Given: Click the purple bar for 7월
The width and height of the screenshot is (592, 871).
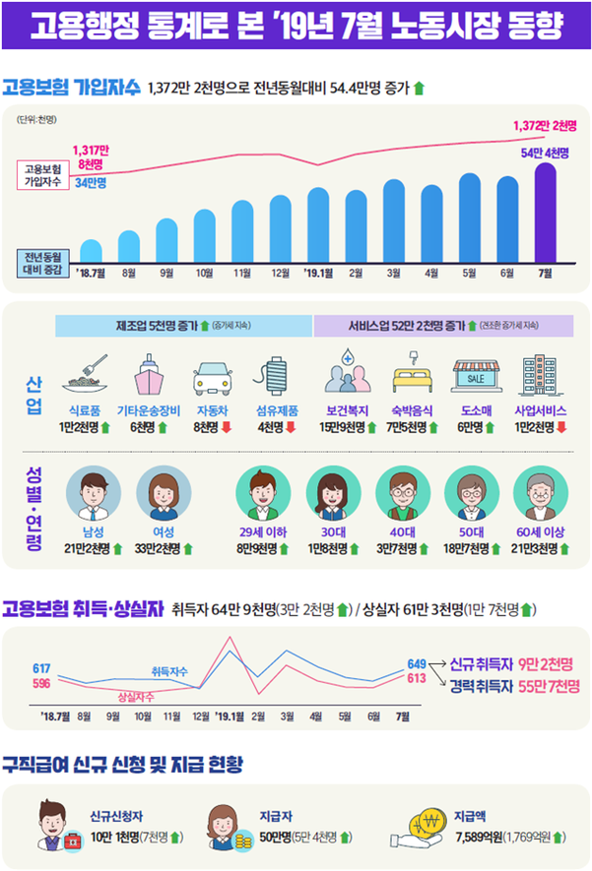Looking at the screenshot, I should tap(545, 213).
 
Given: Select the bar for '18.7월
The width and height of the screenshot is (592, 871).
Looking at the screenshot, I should tap(91, 251).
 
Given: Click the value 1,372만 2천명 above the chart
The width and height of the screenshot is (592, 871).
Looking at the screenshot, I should tap(545, 126).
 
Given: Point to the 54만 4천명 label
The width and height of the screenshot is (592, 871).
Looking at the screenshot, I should tap(546, 152).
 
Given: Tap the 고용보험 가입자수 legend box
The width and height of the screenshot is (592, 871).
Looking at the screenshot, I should tap(41, 174).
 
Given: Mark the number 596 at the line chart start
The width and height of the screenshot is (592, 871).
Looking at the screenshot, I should tap(41, 683).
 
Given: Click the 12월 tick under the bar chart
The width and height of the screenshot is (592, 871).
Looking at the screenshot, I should tap(280, 273).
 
